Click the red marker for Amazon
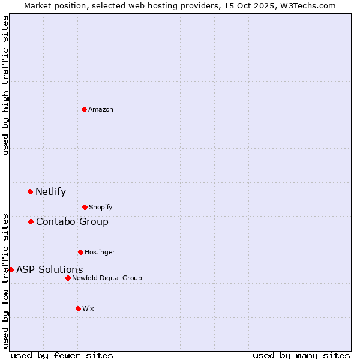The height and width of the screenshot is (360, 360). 84,109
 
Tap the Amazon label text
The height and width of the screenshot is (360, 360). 101,109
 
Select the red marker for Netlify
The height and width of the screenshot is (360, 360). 30,191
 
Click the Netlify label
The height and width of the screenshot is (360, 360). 51,192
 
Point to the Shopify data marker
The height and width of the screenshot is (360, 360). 85,207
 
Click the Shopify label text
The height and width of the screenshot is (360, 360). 101,208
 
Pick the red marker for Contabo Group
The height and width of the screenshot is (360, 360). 31,221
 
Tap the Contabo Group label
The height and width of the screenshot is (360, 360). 72,222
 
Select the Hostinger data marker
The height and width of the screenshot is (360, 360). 80,252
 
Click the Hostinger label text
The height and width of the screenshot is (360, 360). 100,252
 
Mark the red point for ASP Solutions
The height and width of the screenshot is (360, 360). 11,269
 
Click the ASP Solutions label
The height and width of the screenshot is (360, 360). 50,270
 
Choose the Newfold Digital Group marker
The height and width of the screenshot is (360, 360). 68,278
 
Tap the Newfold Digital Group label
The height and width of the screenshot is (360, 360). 107,278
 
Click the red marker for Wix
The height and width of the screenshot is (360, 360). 78,308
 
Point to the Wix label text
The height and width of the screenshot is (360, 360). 88,308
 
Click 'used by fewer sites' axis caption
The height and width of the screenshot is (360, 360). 62,355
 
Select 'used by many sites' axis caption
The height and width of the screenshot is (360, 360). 301,355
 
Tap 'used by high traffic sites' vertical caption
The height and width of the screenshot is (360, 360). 5,85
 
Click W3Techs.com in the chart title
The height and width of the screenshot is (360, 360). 307,5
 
